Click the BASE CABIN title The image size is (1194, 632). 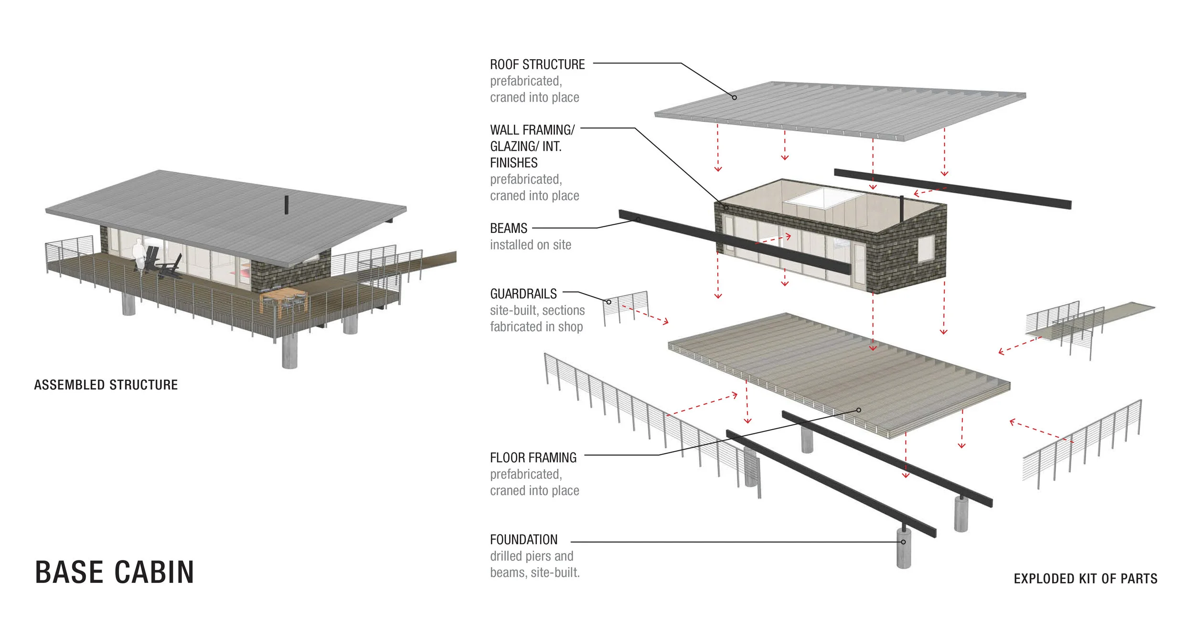point(115,572)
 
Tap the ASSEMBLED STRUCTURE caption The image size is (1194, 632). point(106,385)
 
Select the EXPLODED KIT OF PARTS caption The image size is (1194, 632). point(1085,579)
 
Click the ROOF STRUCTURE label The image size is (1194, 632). point(537,64)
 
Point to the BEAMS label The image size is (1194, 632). point(509,228)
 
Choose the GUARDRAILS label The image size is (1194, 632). point(523,294)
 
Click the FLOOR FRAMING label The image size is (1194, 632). point(533,458)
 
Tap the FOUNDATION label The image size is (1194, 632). point(523,539)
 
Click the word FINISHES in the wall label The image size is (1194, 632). point(513,163)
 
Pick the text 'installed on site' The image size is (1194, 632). point(530,245)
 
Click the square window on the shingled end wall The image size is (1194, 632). point(926,248)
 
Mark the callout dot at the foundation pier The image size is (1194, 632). point(903,542)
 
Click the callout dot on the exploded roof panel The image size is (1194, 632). point(735,97)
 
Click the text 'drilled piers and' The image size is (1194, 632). point(531,556)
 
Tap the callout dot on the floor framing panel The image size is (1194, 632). point(858,410)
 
